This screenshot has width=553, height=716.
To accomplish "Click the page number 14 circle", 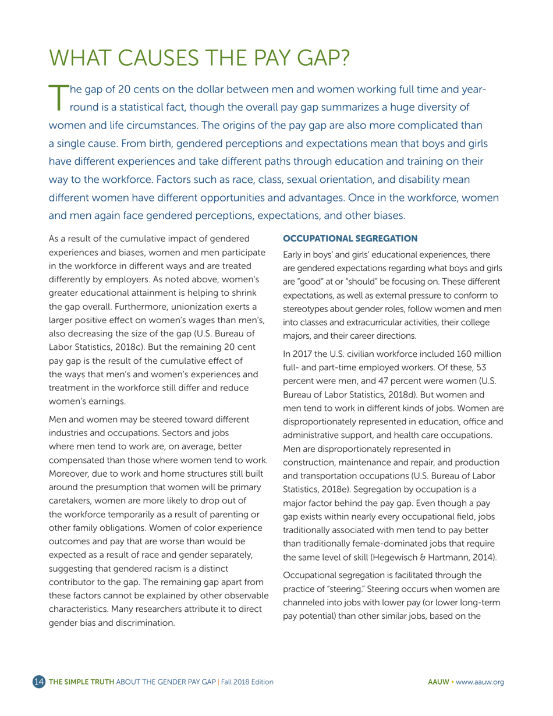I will coord(39,682).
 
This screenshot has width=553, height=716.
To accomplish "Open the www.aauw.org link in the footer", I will coord(480,682).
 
